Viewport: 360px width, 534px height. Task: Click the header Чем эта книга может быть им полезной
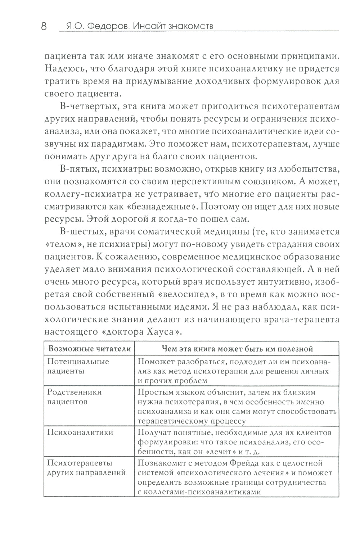pyautogui.click(x=237, y=349)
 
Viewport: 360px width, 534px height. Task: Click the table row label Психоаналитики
pyautogui.click(x=80, y=432)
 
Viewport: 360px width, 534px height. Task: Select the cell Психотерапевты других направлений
pyautogui.click(x=86, y=467)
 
